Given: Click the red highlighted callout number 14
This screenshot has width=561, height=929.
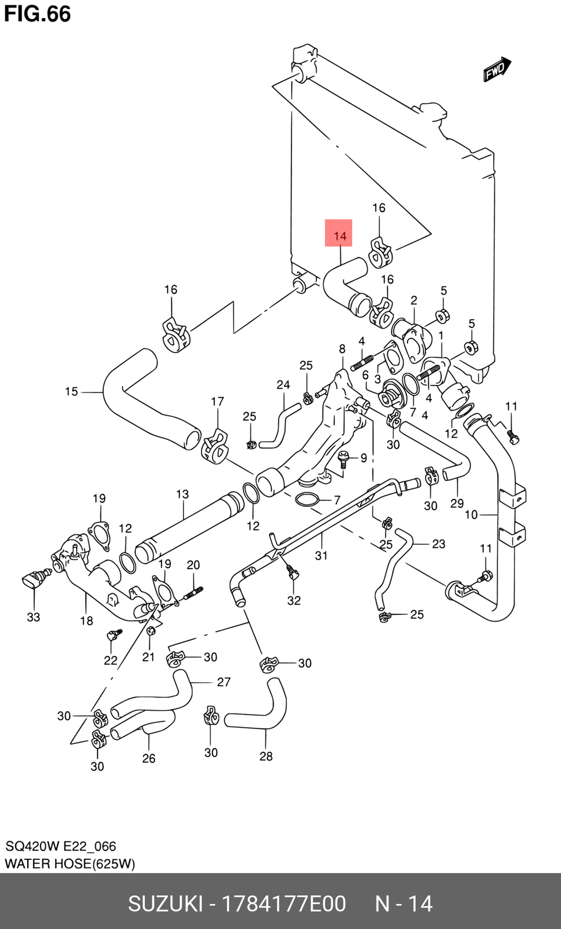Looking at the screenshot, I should click(x=339, y=236).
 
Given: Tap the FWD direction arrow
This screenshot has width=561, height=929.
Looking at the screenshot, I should click(x=497, y=70).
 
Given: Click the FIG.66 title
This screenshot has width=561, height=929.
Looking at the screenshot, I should click(x=38, y=13).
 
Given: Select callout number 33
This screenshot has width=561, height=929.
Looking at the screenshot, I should click(x=33, y=617).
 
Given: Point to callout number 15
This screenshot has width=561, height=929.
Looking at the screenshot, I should click(x=71, y=392).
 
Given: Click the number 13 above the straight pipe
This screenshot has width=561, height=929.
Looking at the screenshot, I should click(x=182, y=495).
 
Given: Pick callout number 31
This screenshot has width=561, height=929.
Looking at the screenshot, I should click(x=321, y=556).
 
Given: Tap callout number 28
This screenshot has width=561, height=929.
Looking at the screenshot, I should click(x=266, y=756).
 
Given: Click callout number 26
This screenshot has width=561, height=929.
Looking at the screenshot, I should click(x=149, y=758).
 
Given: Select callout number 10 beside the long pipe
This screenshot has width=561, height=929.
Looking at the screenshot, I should click(x=471, y=514).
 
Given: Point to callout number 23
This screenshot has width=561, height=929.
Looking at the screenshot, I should click(x=438, y=543).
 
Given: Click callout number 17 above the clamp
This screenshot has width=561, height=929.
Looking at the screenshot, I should click(x=217, y=401).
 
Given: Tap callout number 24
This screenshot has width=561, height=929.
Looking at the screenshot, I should click(x=283, y=384).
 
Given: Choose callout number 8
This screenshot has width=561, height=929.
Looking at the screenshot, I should click(x=342, y=349).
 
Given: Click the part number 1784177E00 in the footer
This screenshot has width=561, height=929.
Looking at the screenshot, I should click(x=285, y=903).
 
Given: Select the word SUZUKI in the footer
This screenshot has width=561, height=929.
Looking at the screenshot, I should click(x=165, y=903).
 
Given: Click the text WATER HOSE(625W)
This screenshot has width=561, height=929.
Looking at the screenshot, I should click(x=70, y=863).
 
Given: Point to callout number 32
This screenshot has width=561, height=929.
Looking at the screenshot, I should click(x=294, y=600).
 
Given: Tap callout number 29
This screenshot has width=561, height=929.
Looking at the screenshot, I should click(x=457, y=503).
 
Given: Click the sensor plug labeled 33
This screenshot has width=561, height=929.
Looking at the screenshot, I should click(x=34, y=579).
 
